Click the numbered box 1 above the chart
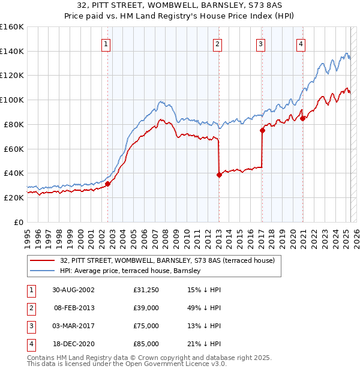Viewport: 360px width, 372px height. [x=106, y=43]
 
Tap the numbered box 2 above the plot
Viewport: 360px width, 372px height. [x=217, y=43]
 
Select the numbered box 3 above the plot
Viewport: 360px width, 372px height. [x=261, y=43]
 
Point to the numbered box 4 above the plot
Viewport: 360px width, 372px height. [x=301, y=43]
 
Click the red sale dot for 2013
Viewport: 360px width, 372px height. [x=219, y=175]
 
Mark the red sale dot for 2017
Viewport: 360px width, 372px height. [x=262, y=130]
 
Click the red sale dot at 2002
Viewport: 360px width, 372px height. [x=108, y=184]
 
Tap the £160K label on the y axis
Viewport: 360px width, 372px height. [x=12, y=27]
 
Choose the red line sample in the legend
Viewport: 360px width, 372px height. [x=42, y=260]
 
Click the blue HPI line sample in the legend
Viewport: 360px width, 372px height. [x=42, y=271]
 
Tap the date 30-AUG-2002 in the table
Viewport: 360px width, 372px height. [x=73, y=290]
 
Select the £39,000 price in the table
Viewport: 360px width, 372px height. [x=146, y=308]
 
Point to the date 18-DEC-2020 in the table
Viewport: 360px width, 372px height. [x=73, y=344]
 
